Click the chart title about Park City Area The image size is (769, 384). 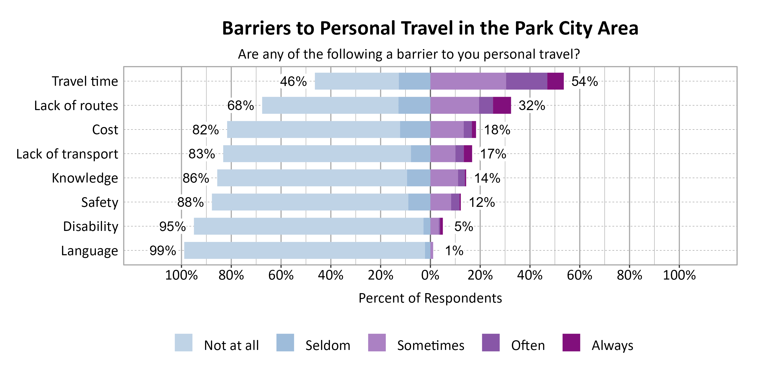430,28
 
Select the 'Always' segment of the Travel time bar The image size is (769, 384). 555,81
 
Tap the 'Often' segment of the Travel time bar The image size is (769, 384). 527,81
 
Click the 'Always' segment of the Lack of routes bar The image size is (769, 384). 502,105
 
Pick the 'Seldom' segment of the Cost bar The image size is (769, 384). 415,129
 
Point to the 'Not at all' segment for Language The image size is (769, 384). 305,250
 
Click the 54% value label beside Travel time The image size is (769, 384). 584,81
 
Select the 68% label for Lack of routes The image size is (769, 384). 240,105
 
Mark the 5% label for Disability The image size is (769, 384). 463,227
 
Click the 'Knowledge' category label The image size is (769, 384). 85,178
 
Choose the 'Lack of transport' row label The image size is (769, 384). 67,154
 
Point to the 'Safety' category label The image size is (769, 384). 100,202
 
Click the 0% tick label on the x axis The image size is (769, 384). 430,275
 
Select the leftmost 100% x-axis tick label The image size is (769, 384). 181,275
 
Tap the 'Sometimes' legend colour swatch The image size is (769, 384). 377,343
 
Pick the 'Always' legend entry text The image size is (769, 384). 612,346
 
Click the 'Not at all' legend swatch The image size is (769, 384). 184,343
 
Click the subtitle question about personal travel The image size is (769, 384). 409,54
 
